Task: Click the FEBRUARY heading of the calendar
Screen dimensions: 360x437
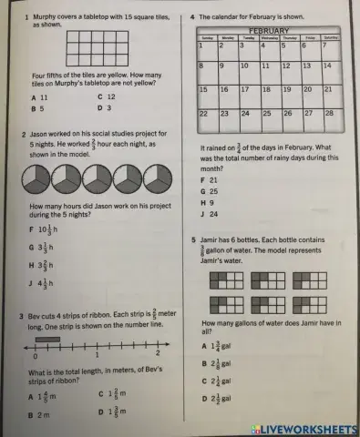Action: pos(269,31)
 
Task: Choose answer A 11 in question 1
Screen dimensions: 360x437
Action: pos(39,97)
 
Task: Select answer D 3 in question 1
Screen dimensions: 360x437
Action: pos(104,107)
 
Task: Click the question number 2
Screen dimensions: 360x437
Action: pos(22,134)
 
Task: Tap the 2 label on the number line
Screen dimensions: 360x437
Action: pos(159,353)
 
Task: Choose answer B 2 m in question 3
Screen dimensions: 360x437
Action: pos(39,413)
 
